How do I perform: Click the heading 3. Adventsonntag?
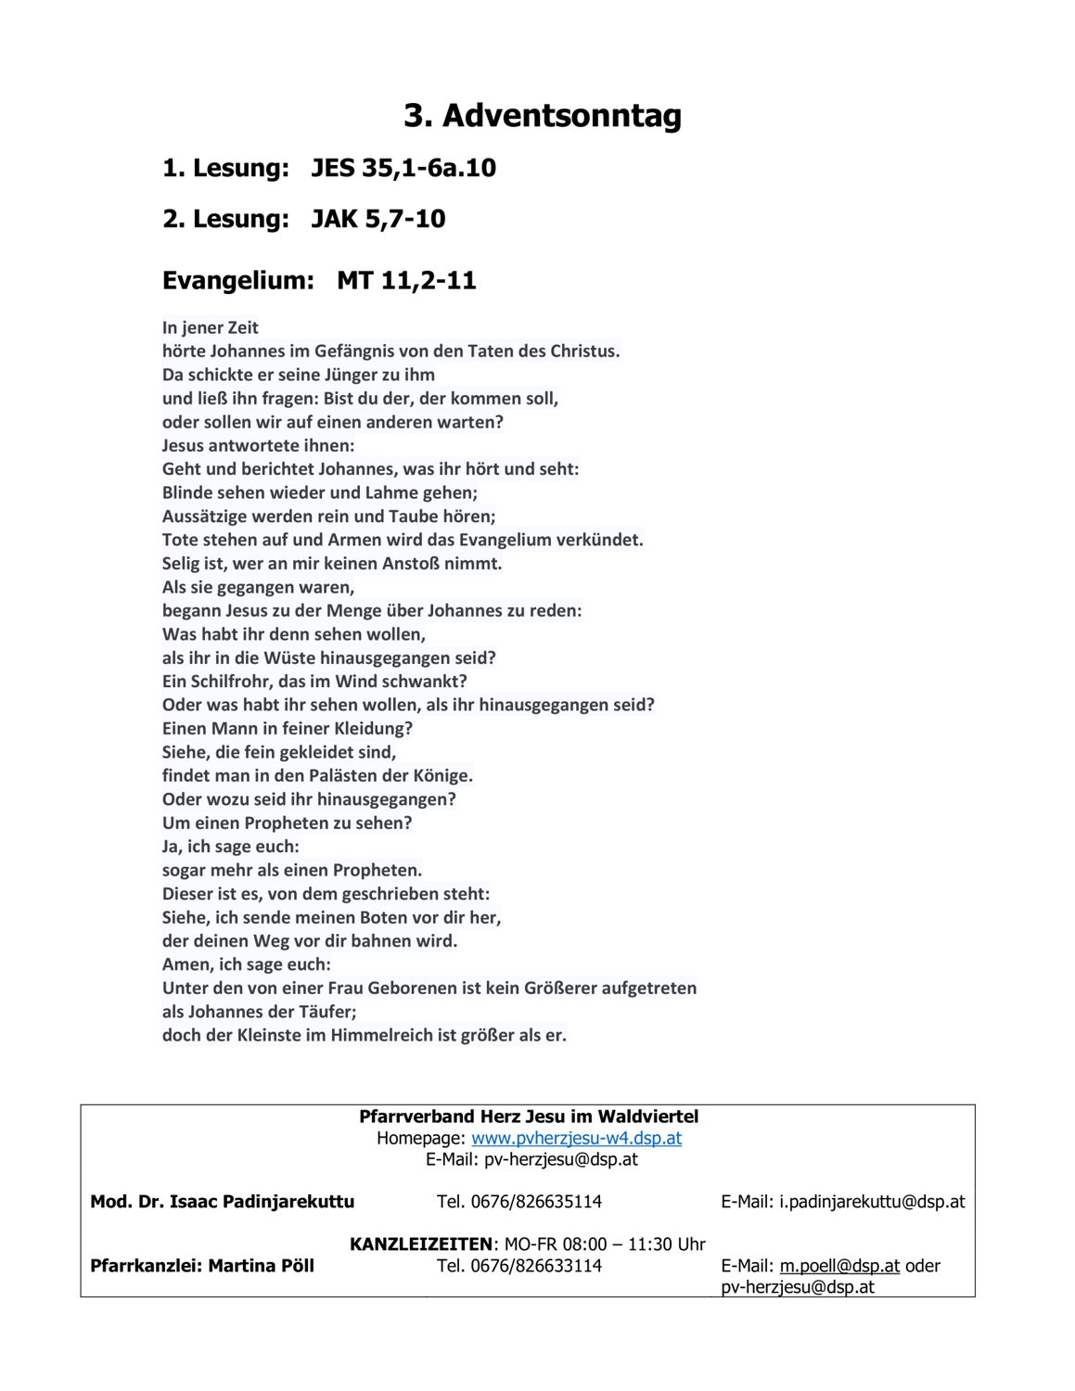coord(543,116)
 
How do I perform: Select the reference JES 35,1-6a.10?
coord(403,168)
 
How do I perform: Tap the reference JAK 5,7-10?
coord(378,219)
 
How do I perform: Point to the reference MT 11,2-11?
coord(406,280)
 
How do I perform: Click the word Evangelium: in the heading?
coord(238,280)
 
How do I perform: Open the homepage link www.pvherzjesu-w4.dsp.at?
coord(576,1138)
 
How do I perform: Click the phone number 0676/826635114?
coord(536,1202)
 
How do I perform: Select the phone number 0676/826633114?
coord(536,1266)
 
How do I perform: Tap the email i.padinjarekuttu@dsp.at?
coord(872,1202)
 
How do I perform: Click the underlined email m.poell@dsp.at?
coord(839,1266)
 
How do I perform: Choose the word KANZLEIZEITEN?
coord(420,1244)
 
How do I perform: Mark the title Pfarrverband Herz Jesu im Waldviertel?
coord(529,1117)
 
